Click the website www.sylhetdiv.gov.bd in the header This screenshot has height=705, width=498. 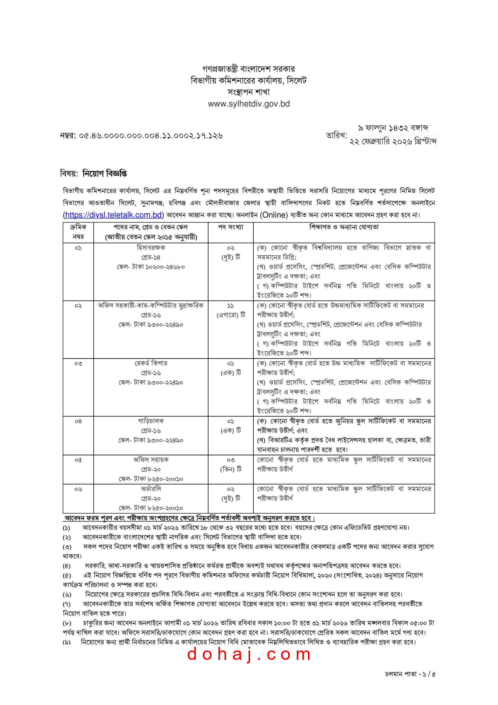click(249, 104)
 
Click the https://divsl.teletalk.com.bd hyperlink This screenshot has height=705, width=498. click(113, 215)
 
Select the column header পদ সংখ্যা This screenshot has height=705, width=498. click(230, 227)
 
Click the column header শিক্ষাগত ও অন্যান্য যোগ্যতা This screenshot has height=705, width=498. click(344, 227)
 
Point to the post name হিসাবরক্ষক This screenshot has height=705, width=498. click(151, 247)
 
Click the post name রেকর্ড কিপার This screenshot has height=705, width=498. click(151, 363)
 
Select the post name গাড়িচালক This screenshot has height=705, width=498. click(151, 421)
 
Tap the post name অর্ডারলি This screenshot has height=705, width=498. click(151, 489)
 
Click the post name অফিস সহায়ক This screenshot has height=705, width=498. click(151, 460)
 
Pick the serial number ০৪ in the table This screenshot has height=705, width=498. click(78, 421)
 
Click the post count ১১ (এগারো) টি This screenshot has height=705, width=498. click(231, 310)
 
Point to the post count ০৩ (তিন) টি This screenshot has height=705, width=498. click(231, 464)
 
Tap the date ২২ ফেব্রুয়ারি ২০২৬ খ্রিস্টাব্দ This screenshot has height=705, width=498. click(393, 142)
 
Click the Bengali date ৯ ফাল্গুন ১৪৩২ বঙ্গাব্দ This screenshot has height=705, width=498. click(393, 128)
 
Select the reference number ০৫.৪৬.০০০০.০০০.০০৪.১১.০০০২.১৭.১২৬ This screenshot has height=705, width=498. click(150, 135)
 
